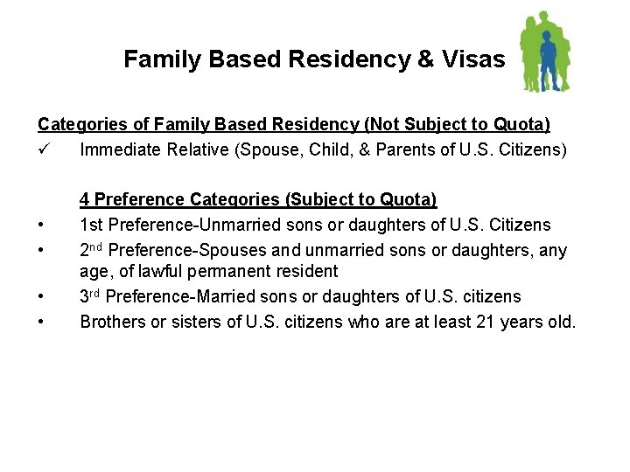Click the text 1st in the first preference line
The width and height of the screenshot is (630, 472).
click(x=91, y=226)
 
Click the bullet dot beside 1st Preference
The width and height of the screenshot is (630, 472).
click(x=42, y=226)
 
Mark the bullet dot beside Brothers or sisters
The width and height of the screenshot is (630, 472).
click(x=42, y=323)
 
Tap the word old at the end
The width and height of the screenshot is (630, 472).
click(x=560, y=322)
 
